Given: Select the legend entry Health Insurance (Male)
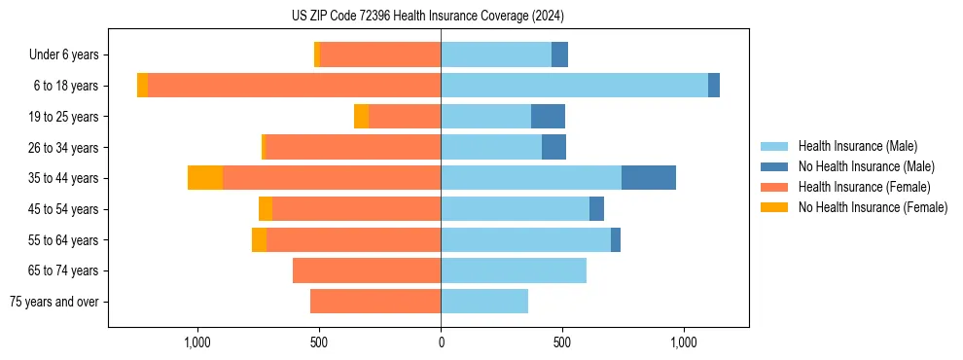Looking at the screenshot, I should coord(857,146).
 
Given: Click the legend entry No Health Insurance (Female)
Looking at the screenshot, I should coord(873,207).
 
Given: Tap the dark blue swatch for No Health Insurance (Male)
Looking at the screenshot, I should coord(774,166).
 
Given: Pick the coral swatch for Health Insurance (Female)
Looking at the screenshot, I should coord(774,187).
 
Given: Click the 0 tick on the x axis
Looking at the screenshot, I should coord(441,342).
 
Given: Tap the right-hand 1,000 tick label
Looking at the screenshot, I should coord(683,342).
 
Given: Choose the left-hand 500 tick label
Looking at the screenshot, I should coord(319,342).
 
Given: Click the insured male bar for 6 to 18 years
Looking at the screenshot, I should coord(574,86).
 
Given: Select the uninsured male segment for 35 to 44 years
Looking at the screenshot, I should coord(649,178).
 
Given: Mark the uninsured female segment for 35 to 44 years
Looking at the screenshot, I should coord(205,178).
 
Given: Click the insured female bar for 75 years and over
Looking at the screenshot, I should coord(375,302).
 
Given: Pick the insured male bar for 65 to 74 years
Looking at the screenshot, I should coord(514,270).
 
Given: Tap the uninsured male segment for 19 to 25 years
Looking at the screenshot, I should coord(548,117).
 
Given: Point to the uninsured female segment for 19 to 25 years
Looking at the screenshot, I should coord(361,117).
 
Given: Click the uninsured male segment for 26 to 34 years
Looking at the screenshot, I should coord(553,147).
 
